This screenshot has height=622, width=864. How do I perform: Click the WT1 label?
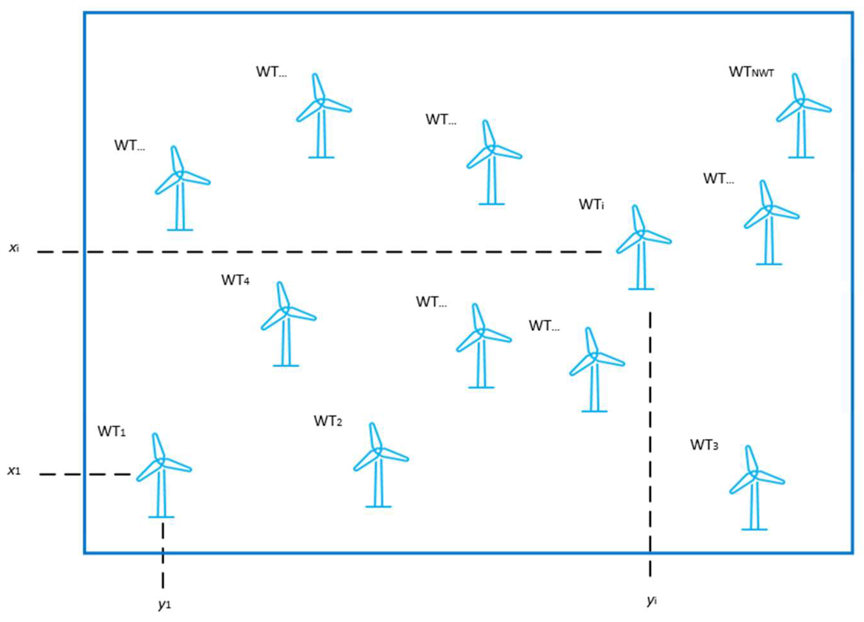point(112,432)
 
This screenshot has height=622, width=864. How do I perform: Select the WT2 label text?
point(328,421)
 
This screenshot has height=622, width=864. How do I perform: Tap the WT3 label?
point(704,445)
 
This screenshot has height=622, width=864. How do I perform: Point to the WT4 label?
point(235,280)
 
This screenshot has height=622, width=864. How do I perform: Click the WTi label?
point(591,205)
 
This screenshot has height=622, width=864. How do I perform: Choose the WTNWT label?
point(751,72)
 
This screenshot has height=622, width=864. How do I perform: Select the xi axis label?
point(14,248)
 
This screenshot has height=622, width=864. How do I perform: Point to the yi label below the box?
point(652,601)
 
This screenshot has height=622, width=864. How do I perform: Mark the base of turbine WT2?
point(378,506)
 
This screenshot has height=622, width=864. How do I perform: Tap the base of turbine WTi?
point(641,289)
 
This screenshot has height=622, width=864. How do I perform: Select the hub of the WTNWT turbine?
point(800,102)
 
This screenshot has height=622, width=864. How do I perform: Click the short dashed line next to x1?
point(86,474)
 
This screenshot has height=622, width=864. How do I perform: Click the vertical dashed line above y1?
point(163,556)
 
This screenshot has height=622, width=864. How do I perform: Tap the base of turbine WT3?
point(754,529)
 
